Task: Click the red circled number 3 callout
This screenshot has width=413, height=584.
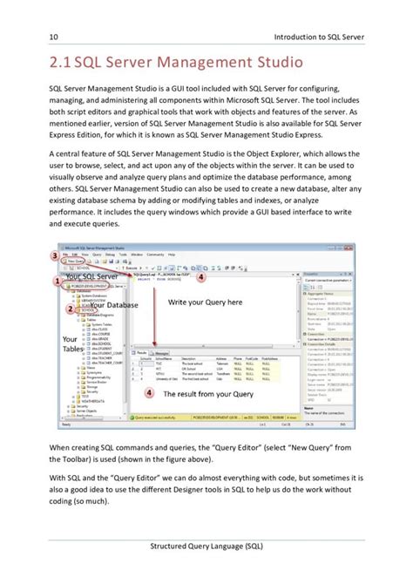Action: pos(54,255)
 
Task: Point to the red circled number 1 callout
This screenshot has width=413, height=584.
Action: pos(58,282)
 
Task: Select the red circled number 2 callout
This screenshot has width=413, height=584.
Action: pos(70,309)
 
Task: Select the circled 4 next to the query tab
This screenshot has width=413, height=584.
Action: pos(200,278)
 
